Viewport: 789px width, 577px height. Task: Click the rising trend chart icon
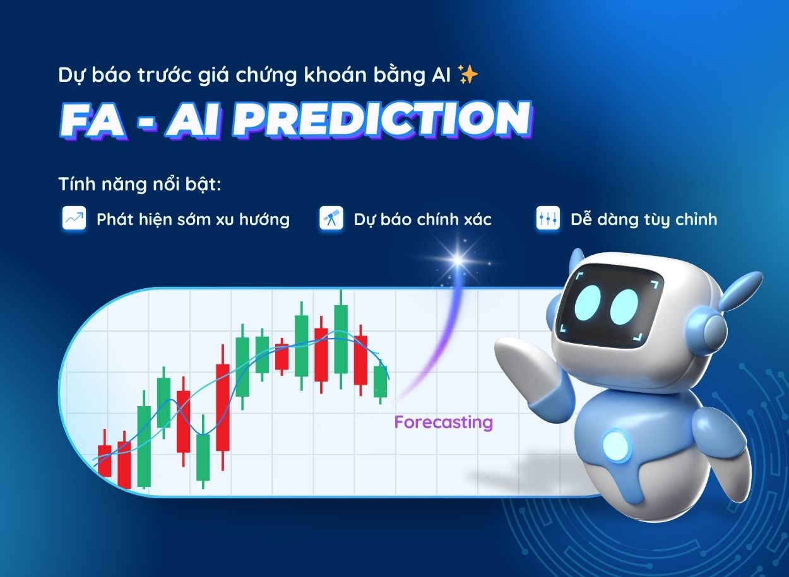click(74, 219)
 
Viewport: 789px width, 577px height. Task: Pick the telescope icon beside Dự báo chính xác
click(331, 219)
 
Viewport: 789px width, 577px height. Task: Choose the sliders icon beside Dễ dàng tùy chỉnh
click(547, 219)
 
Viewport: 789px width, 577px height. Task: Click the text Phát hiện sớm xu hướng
click(193, 219)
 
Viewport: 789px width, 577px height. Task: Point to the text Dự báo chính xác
click(422, 219)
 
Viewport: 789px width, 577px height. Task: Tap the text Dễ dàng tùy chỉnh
click(644, 219)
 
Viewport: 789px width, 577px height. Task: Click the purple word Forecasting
click(443, 422)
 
